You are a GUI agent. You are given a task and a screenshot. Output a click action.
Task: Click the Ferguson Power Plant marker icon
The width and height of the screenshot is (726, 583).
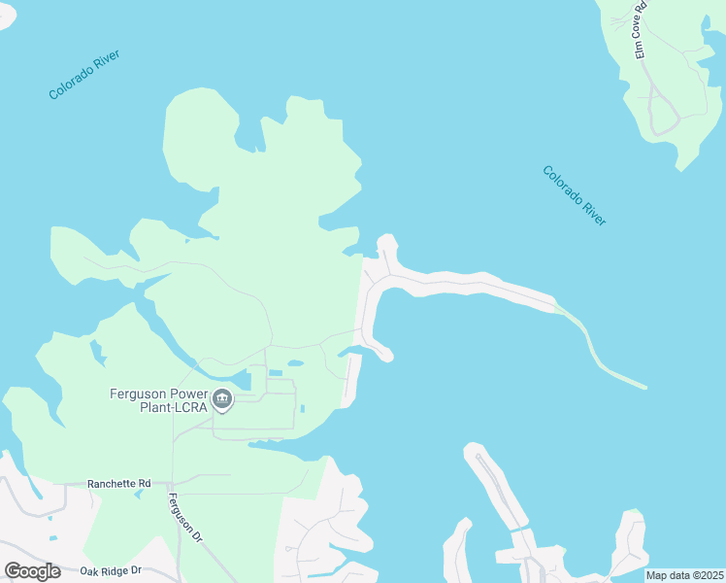tap(221, 398)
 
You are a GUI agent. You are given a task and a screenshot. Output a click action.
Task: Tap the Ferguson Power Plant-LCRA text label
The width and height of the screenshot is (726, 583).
tap(157, 400)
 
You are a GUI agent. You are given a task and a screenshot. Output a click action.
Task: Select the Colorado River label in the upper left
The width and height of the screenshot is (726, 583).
tap(84, 76)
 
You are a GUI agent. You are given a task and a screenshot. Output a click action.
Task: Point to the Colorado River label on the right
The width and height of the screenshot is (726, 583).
tap(574, 195)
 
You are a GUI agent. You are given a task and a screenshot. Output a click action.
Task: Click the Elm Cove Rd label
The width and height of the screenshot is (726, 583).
tap(640, 30)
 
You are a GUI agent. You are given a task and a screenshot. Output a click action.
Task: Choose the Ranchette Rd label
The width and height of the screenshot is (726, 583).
tap(119, 483)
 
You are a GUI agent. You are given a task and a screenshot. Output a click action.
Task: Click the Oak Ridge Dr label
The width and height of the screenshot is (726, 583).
tap(111, 570)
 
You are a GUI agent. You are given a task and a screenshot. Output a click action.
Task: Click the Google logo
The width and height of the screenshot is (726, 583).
tap(32, 570)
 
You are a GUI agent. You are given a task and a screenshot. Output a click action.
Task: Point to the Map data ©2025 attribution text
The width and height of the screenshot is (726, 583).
tap(684, 575)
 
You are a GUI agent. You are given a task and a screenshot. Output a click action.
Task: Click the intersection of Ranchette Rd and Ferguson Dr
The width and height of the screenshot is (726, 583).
tap(172, 483)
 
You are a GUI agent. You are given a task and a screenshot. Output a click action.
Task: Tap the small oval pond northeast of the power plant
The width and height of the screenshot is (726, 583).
tap(295, 364)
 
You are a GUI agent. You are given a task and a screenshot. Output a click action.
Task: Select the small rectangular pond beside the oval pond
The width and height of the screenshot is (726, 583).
tap(276, 372)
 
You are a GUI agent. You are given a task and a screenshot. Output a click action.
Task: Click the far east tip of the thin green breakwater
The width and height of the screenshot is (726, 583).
tap(643, 387)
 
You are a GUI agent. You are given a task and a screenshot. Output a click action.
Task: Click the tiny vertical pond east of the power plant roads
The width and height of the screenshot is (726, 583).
tap(303, 408)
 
